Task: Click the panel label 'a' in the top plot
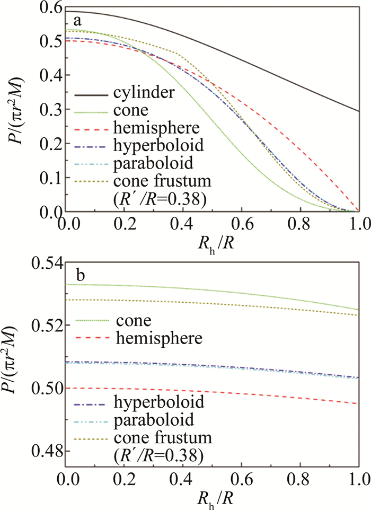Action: point(77,22)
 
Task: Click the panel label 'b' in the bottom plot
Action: point(77,276)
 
